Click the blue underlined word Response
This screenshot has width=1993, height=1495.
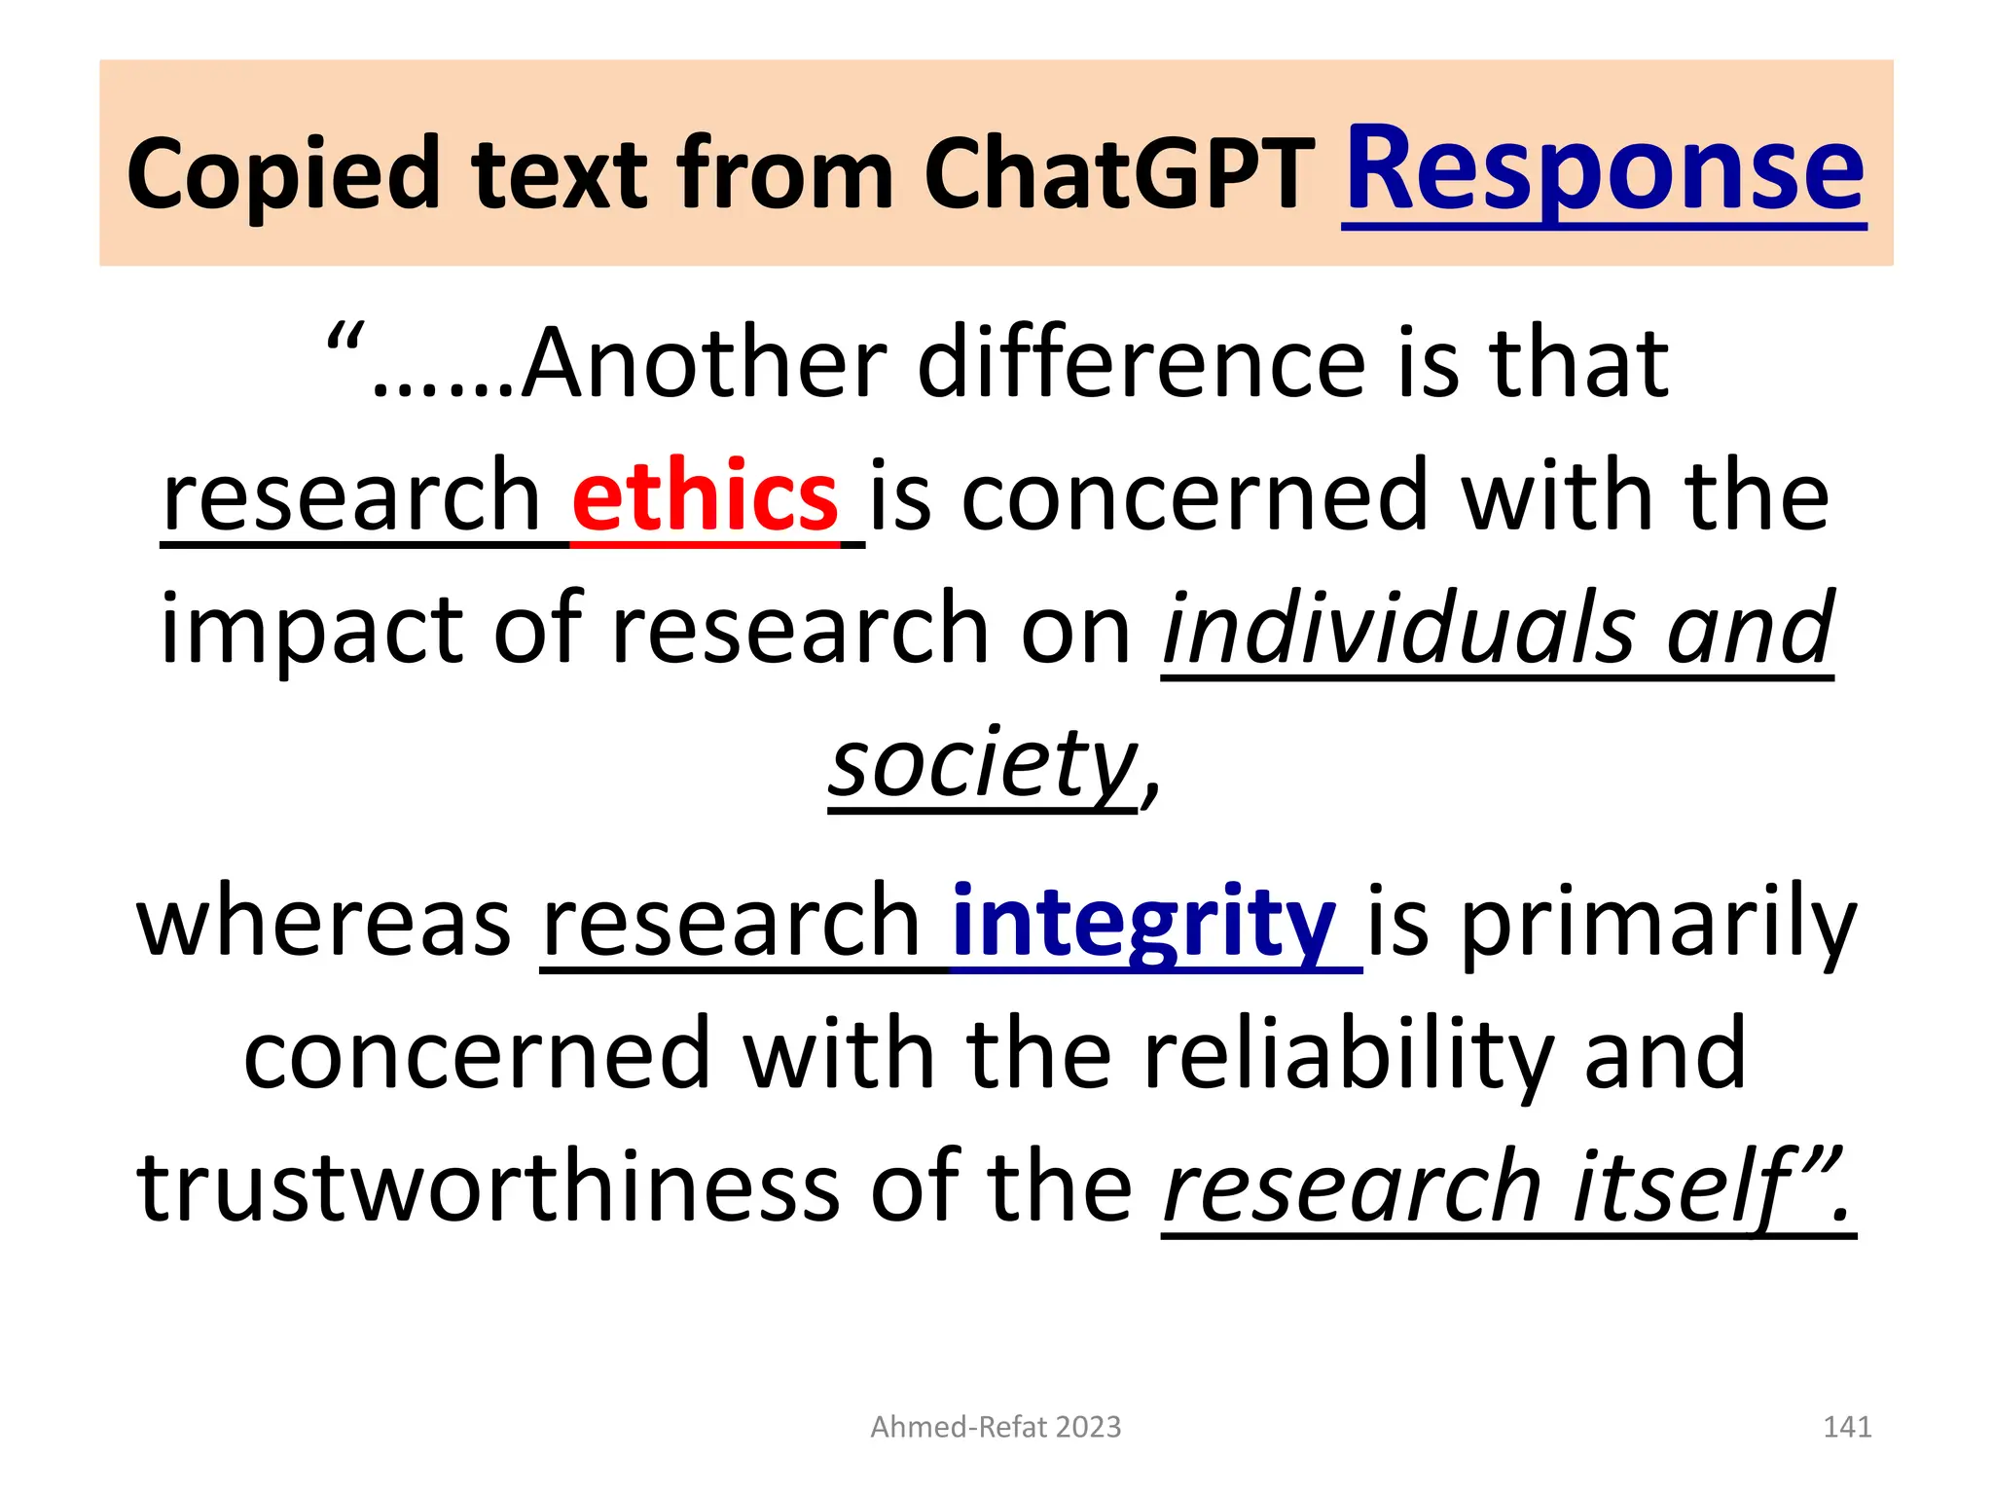point(1604,170)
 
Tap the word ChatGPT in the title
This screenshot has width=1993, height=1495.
point(1119,175)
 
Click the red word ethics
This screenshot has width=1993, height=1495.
point(705,497)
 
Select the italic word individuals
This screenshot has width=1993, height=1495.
point(1399,630)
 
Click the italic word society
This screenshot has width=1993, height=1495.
point(983,763)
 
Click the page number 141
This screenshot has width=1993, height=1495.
point(1847,1427)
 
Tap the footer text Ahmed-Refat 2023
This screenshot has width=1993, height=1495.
point(996,1427)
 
